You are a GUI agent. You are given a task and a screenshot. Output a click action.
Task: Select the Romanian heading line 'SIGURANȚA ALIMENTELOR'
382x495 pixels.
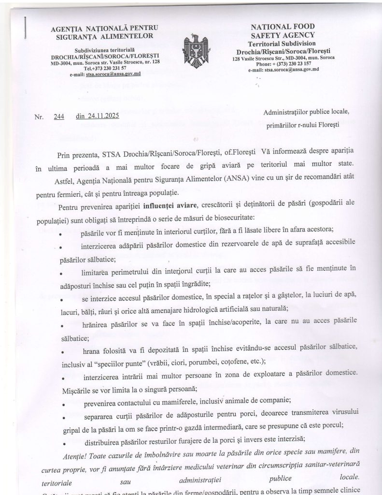click(x=105, y=36)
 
